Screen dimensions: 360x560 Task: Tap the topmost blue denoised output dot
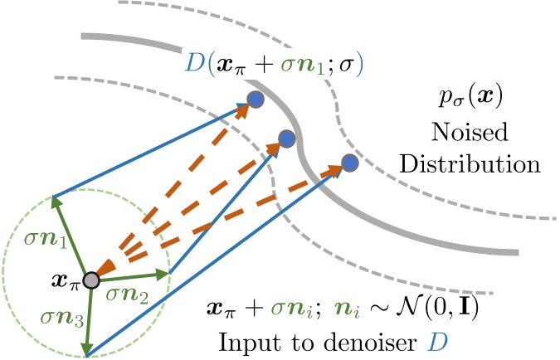tap(256, 99)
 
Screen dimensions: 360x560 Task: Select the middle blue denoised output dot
tap(287, 139)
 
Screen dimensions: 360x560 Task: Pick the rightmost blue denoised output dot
tap(349, 162)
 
